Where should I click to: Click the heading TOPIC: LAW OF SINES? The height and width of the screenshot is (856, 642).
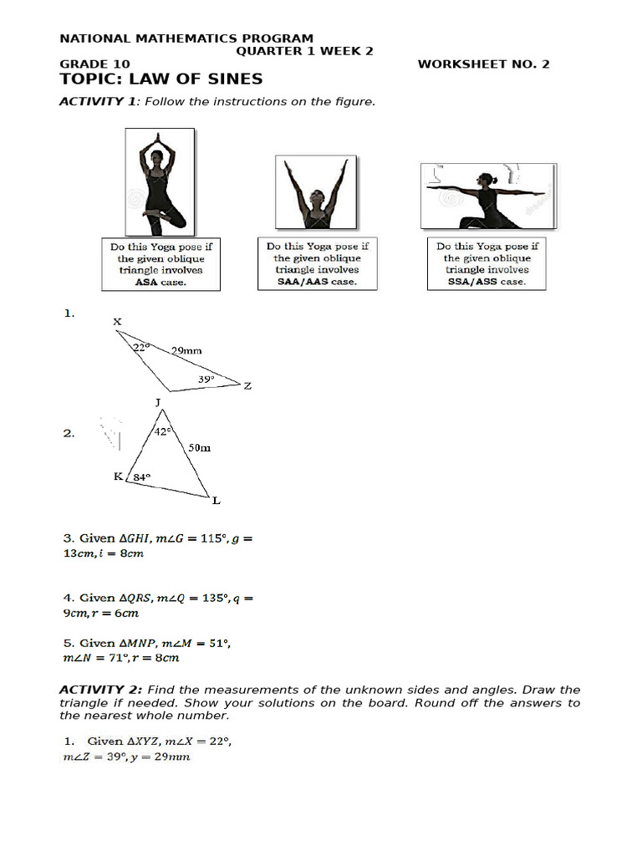click(x=160, y=79)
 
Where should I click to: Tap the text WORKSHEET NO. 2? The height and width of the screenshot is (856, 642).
click(x=483, y=64)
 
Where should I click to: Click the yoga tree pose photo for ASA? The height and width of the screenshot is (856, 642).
click(x=160, y=181)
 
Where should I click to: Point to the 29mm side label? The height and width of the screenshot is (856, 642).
click(x=186, y=352)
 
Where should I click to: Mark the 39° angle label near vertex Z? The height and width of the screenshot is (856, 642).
click(x=206, y=379)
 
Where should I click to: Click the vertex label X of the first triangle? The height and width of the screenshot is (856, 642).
click(x=117, y=321)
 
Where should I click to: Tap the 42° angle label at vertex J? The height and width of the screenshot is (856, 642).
click(x=163, y=431)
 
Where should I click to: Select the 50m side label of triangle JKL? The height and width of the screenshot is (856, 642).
click(x=199, y=448)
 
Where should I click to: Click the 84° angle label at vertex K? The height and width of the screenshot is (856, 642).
click(x=141, y=477)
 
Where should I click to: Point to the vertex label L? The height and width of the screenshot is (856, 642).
click(x=216, y=501)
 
